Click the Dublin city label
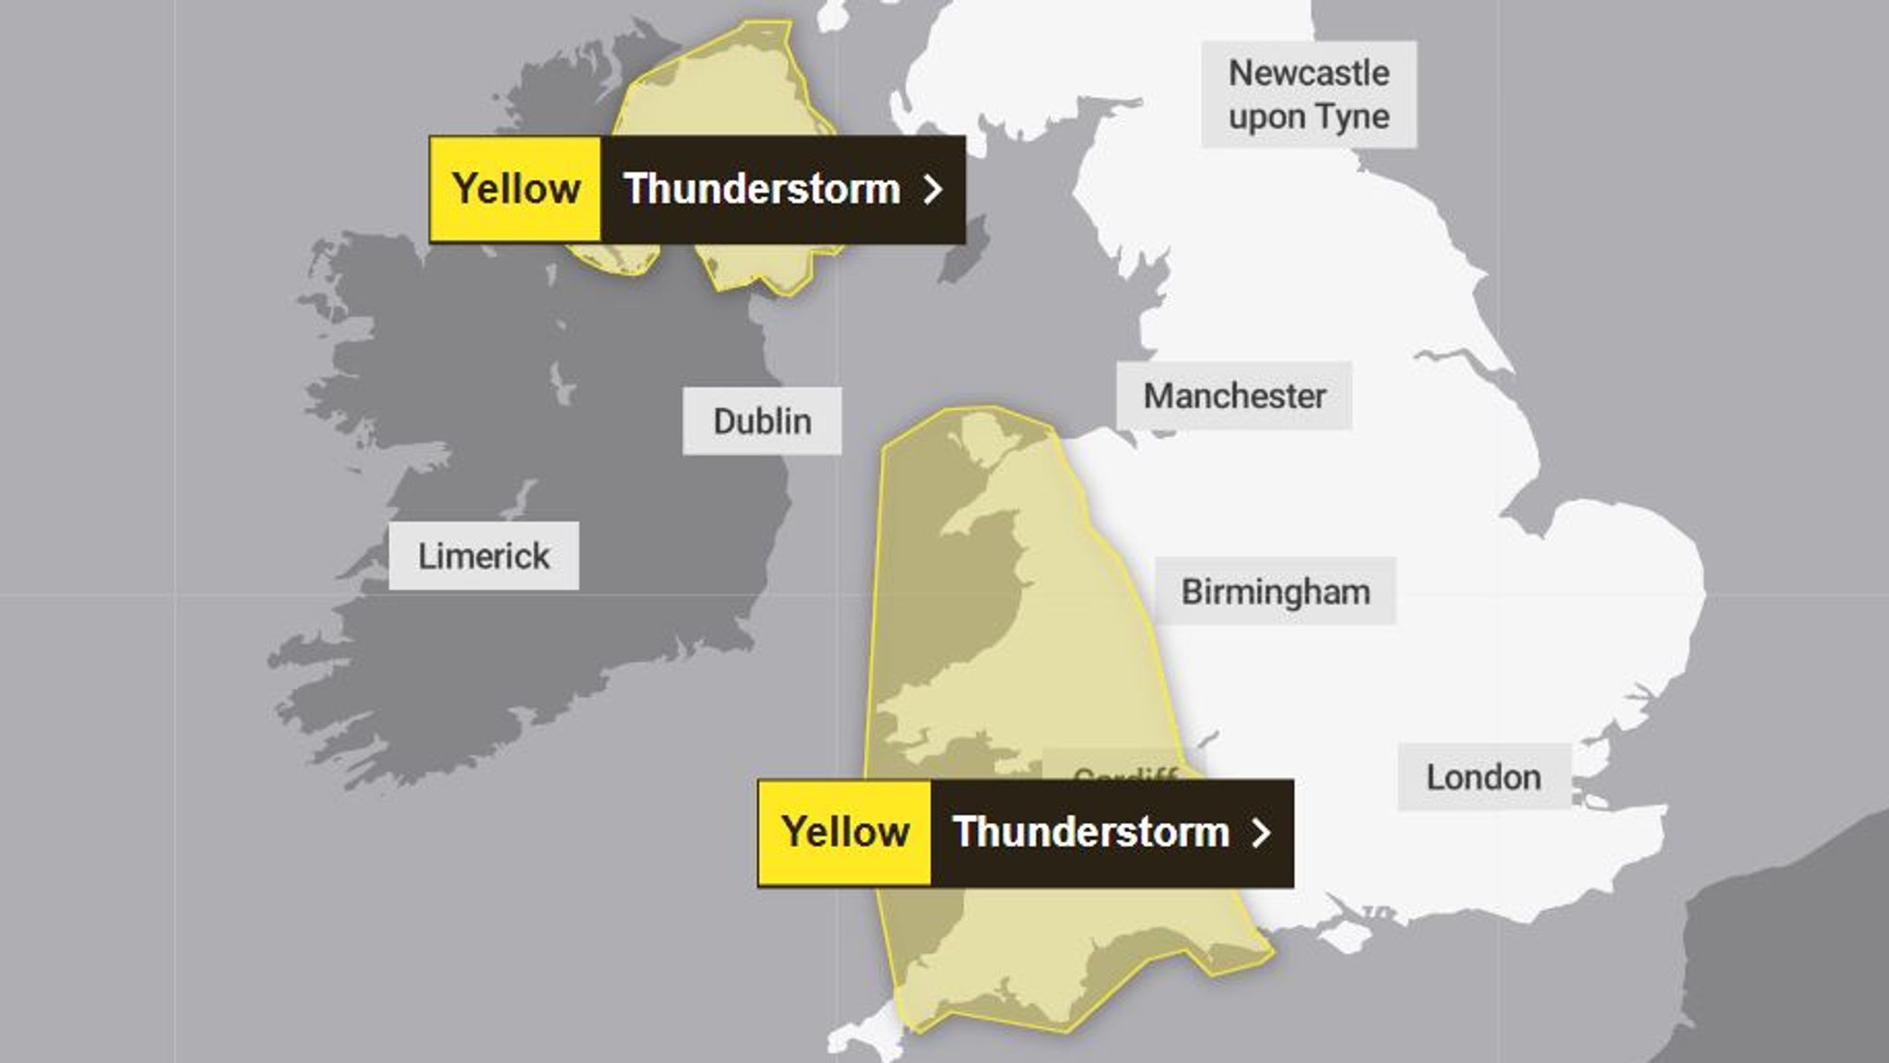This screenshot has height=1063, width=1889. pyautogui.click(x=762, y=422)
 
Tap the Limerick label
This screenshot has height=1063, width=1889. pyautogui.click(x=483, y=556)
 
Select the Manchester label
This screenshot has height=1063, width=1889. pyautogui.click(x=1234, y=396)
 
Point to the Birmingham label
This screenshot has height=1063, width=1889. pyautogui.click(x=1276, y=591)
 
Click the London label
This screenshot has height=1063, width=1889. pyautogui.click(x=1483, y=777)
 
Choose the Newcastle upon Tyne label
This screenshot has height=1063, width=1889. pyautogui.click(x=1308, y=94)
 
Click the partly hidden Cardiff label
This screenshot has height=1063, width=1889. pyautogui.click(x=1125, y=772)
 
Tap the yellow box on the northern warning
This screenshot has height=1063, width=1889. pyautogui.click(x=516, y=189)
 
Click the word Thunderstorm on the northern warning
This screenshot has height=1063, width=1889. pyautogui.click(x=762, y=189)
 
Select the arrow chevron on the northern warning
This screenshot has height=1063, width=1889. pyautogui.click(x=933, y=189)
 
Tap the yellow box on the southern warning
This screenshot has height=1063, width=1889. pyautogui.click(x=845, y=832)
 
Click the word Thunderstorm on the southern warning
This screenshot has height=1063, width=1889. pyautogui.click(x=1090, y=832)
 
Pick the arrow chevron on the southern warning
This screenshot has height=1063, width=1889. pyautogui.click(x=1261, y=832)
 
